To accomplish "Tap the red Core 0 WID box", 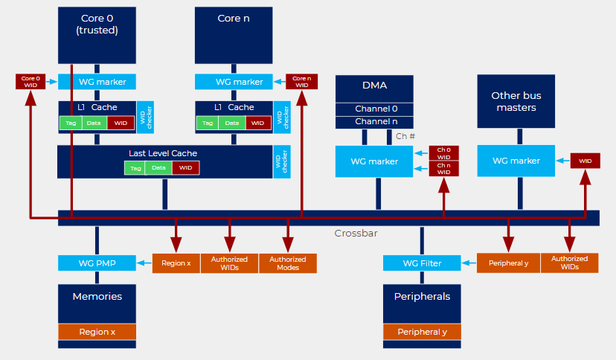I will point(31,81).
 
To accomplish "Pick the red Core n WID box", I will point(301,81).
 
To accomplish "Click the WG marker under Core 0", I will point(97,82).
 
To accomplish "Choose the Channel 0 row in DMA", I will point(375,109).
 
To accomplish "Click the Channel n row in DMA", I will point(375,121).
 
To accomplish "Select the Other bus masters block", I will point(516,101).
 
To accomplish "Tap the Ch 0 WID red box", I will point(443,153).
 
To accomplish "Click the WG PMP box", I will point(97,263).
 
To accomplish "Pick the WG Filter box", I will point(422,263).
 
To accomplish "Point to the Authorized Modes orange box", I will point(288,263).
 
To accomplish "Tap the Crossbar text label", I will point(356,234).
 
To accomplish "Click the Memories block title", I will point(97,296).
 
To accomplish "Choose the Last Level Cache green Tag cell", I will point(135,168).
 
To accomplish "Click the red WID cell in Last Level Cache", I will point(186,168).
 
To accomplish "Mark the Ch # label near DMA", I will point(405,136).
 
